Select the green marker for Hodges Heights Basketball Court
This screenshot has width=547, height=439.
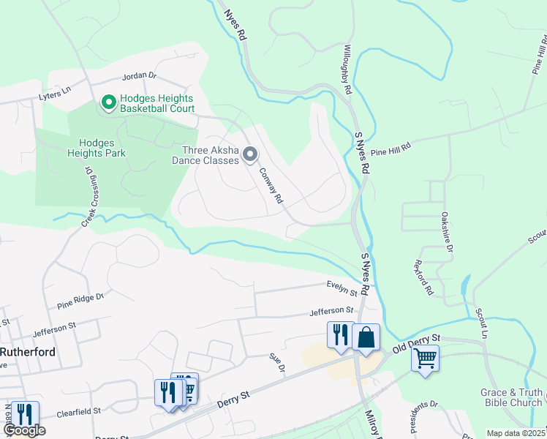coord(109,103)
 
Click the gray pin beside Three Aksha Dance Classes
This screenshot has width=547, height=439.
coord(250,154)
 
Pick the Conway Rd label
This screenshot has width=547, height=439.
coord(271,185)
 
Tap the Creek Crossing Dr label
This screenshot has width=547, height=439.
coord(90,196)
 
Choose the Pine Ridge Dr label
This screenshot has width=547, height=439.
coord(80,300)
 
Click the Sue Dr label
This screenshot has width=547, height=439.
coord(276,361)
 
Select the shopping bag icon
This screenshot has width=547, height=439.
coord(366,337)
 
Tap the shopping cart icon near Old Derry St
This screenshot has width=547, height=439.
coord(424,359)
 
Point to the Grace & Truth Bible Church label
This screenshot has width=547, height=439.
coord(511,397)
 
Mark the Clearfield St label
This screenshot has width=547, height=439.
coord(77,412)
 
